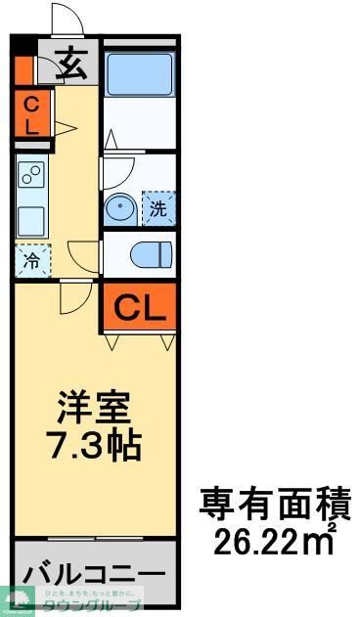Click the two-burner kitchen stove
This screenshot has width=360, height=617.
coord(31,176)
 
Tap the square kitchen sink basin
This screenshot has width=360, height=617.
coord(31,217)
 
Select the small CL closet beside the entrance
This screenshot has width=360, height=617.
coord(31,111)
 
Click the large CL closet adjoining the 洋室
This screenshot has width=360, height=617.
coord(140,308)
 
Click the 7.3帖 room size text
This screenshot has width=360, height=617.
coord(94,445)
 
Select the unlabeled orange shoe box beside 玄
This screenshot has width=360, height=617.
coord(23,68)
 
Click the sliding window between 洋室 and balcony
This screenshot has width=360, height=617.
coord(94,539)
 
